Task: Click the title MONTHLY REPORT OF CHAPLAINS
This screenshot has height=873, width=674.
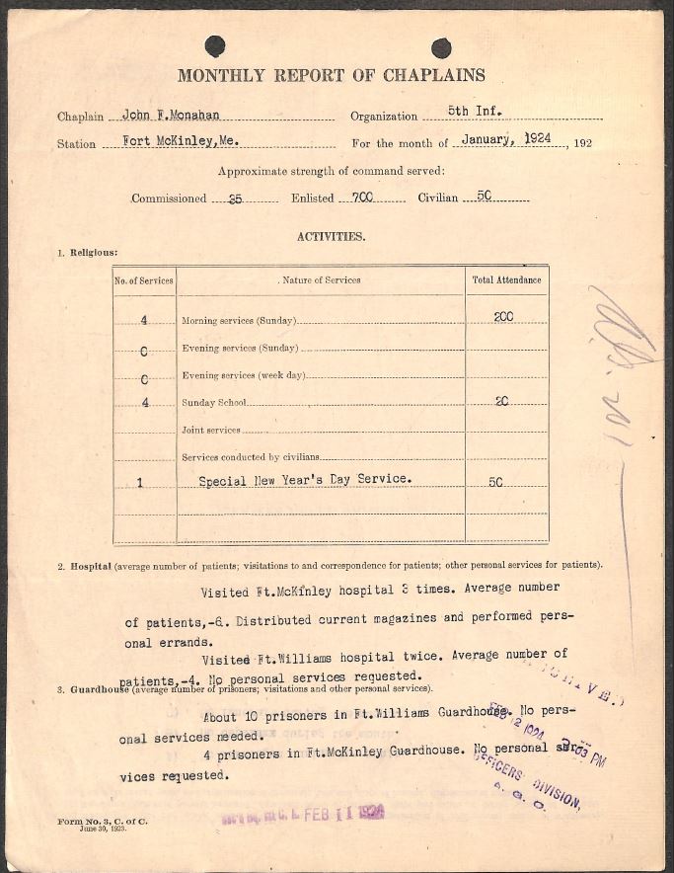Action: pyautogui.click(x=331, y=75)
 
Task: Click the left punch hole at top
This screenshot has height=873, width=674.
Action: pyautogui.click(x=214, y=46)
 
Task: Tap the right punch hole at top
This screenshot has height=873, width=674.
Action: pyautogui.click(x=441, y=47)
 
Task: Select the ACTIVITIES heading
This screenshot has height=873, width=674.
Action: pyautogui.click(x=331, y=236)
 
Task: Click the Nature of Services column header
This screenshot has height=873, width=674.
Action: pyautogui.click(x=321, y=280)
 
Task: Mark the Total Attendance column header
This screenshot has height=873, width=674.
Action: pyautogui.click(x=506, y=280)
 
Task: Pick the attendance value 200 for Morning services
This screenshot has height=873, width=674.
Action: pyautogui.click(x=503, y=316)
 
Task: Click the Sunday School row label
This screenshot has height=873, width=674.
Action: pyautogui.click(x=213, y=404)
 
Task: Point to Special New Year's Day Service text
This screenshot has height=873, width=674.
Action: pyautogui.click(x=305, y=480)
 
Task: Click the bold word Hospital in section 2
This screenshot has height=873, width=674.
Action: pyautogui.click(x=90, y=566)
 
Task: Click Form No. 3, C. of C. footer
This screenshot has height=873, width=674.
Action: pyautogui.click(x=103, y=822)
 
